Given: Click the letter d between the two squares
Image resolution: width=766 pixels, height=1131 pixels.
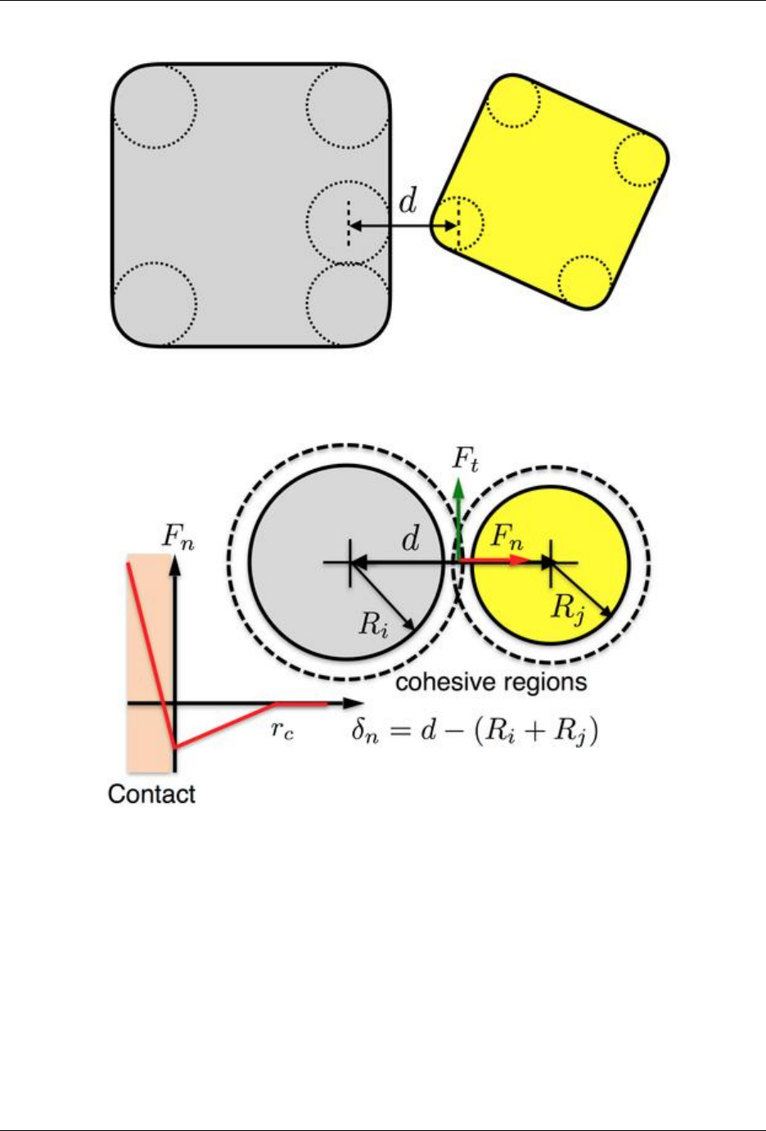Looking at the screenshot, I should coord(408,201).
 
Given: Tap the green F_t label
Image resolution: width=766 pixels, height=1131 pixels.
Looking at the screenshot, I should coord(466,460).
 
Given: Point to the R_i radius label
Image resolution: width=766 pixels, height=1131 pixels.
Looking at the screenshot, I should coord(373,624).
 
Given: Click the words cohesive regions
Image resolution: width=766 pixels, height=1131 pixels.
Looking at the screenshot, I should coord(491,682).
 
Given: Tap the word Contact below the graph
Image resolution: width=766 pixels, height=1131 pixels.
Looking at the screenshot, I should coord(151,793).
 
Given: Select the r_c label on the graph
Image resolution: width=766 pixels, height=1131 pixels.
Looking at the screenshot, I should coord(282,730).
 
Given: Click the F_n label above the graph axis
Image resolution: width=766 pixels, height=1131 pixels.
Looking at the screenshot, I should coord(178,537).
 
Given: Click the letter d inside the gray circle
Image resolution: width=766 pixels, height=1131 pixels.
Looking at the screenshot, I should coord(411,540).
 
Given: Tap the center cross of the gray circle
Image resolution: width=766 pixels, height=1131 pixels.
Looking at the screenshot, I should coord(350,562).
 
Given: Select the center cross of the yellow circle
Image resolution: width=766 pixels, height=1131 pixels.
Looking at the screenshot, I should coord(551,562).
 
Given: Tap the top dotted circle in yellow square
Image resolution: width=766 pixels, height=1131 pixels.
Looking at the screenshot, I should coord(513,102).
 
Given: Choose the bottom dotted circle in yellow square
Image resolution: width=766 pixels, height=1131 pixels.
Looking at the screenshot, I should coord(584,280).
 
